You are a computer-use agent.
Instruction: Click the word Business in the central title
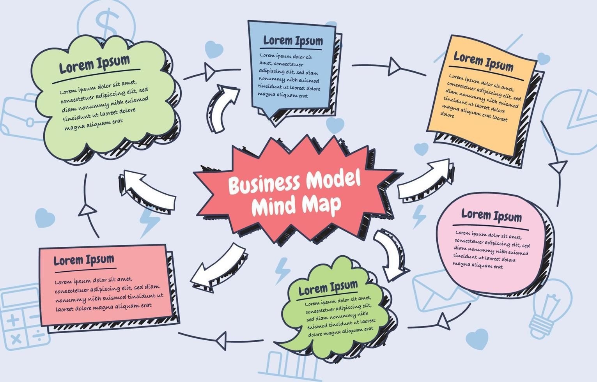click(x=264, y=184)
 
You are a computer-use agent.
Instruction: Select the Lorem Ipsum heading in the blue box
click(x=293, y=41)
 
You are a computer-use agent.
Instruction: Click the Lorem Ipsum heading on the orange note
click(x=483, y=62)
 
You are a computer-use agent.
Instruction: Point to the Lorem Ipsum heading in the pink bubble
click(x=491, y=215)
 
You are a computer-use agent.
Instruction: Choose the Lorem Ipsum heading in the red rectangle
click(x=84, y=260)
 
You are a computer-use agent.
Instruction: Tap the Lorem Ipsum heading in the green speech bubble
click(x=328, y=288)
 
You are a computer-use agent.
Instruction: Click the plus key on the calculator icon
click(x=13, y=320)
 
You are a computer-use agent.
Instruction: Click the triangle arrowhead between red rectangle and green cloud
click(x=87, y=211)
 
